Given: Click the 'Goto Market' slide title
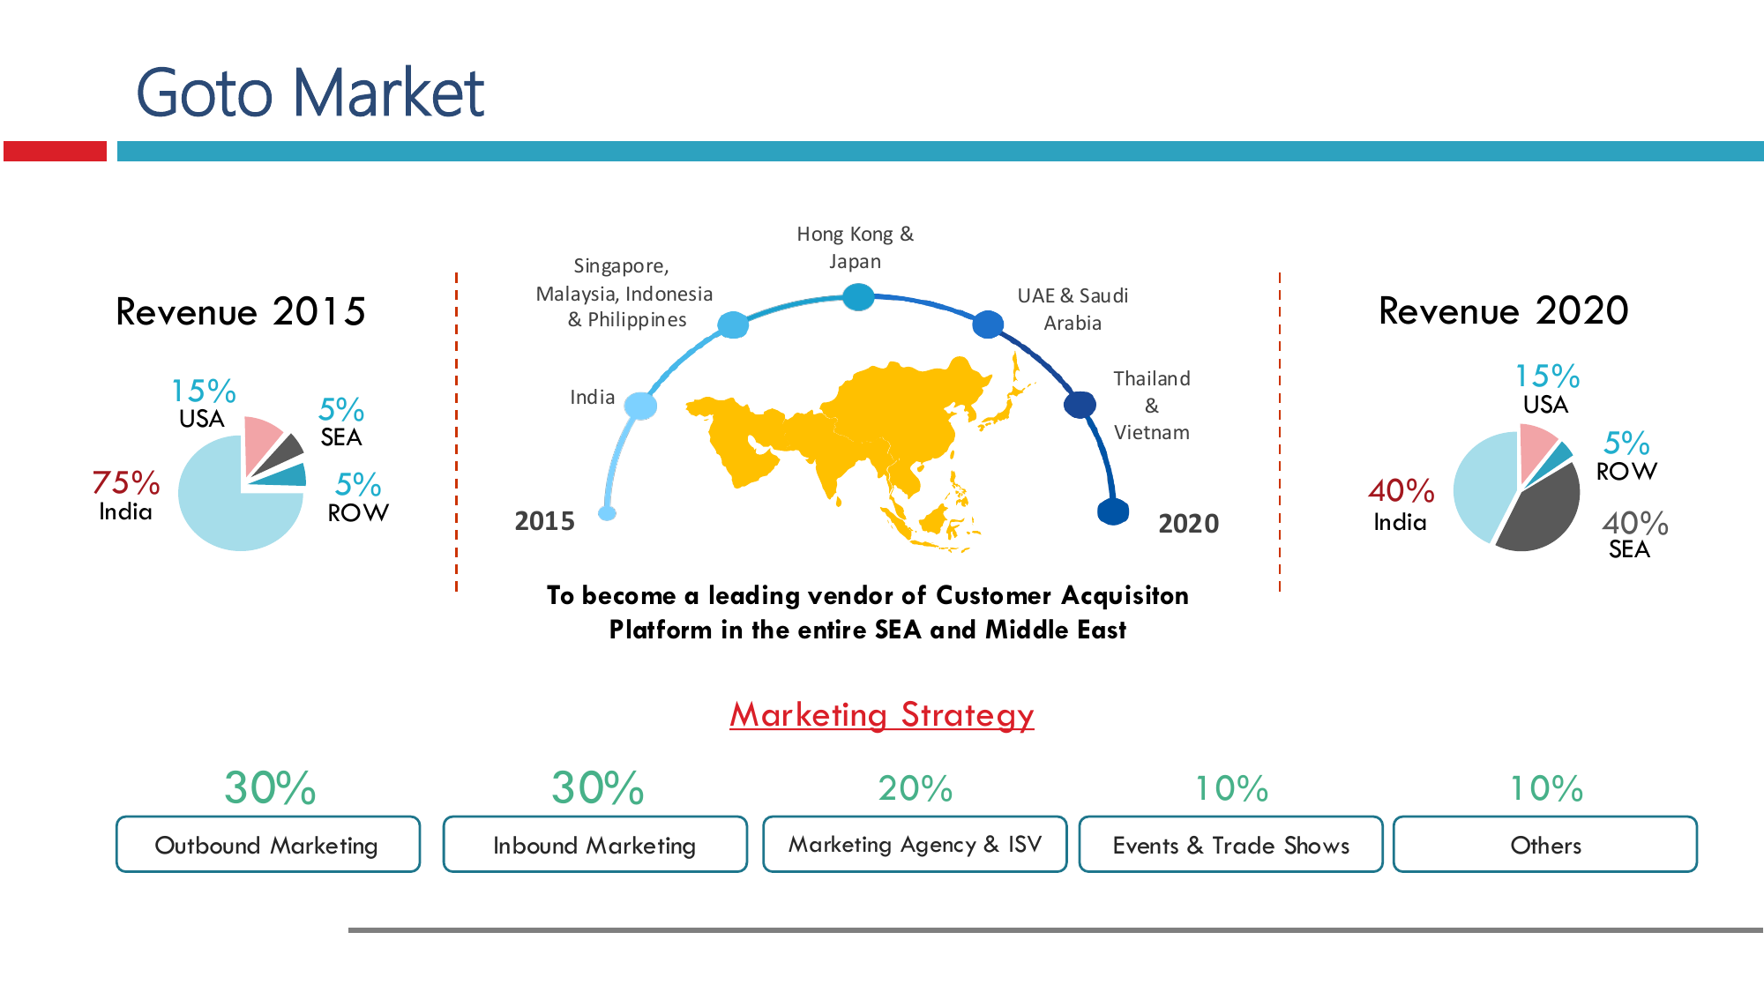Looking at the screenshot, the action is (310, 93).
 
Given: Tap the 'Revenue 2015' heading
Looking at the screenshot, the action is (241, 311).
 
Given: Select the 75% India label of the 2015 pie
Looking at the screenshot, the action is (126, 495).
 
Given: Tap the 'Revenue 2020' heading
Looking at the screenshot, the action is (1503, 310).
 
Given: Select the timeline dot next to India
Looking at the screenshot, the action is (640, 406).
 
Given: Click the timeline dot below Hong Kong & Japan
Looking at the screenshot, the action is (857, 297).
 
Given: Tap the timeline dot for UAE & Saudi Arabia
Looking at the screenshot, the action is (988, 324).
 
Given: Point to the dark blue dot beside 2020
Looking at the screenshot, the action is (1113, 511).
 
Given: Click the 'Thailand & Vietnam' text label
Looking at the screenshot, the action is (1152, 406).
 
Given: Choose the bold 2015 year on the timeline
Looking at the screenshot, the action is (544, 521).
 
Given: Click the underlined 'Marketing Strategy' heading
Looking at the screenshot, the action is (882, 715).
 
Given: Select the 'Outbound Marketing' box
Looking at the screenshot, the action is (268, 845).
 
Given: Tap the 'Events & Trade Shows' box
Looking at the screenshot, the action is (1230, 845).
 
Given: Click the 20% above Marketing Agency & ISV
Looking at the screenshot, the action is (916, 788).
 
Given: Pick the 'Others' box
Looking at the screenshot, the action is (1545, 845).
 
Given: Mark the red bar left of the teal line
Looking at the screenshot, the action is (55, 151).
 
